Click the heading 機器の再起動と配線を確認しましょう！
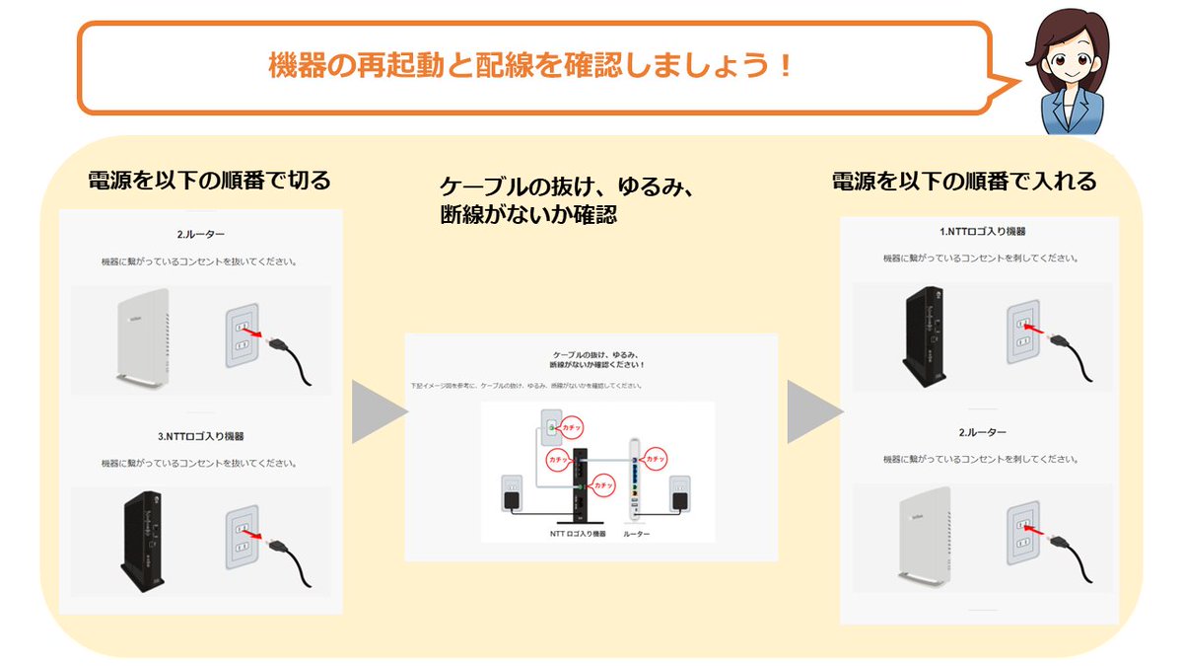pos(531,66)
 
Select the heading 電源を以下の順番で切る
pos(209,181)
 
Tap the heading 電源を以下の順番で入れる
pos(964,182)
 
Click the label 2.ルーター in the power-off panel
pos(200,236)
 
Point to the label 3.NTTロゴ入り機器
pos(200,436)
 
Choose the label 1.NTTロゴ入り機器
pos(982,232)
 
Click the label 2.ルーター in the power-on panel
pos(982,433)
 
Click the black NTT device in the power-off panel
pos(142,536)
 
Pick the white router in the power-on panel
pos(925,537)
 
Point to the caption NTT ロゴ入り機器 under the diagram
pos(578,533)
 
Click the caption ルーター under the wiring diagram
pos(637,533)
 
